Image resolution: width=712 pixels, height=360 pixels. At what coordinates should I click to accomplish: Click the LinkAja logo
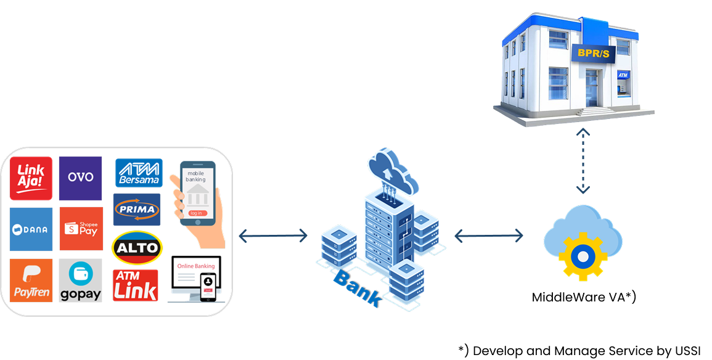point(31,178)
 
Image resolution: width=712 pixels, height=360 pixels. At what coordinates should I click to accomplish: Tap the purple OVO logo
point(80,178)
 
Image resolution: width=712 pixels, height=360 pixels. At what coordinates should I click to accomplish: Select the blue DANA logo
point(31,229)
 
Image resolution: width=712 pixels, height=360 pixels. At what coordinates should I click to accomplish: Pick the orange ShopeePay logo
point(81,229)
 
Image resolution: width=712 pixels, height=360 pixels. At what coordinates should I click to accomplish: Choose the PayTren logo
point(31,280)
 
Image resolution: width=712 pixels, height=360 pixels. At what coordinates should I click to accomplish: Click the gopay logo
point(81,280)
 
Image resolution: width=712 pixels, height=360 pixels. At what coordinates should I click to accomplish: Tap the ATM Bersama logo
point(139,173)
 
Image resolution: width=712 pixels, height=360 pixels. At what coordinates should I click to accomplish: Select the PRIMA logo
point(137,210)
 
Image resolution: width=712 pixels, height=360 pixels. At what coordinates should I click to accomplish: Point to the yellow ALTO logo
point(137,248)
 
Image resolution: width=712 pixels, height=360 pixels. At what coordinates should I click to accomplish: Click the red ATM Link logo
point(136,285)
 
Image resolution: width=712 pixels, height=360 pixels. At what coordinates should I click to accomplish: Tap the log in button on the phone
point(196,213)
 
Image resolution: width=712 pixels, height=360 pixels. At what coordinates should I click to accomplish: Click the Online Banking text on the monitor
point(196,266)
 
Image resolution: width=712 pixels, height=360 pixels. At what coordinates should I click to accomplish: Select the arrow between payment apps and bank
point(272,235)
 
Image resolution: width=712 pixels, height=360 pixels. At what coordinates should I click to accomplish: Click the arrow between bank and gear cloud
point(488,235)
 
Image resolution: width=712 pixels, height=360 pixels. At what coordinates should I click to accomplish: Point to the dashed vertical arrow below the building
point(583,161)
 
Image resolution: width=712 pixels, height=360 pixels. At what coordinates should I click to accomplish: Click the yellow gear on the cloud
point(582,255)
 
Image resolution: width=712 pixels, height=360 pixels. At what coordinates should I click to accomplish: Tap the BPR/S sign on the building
point(593,54)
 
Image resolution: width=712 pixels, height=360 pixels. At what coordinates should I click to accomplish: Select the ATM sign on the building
point(623,75)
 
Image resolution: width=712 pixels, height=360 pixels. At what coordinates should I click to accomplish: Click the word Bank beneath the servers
point(356,288)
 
